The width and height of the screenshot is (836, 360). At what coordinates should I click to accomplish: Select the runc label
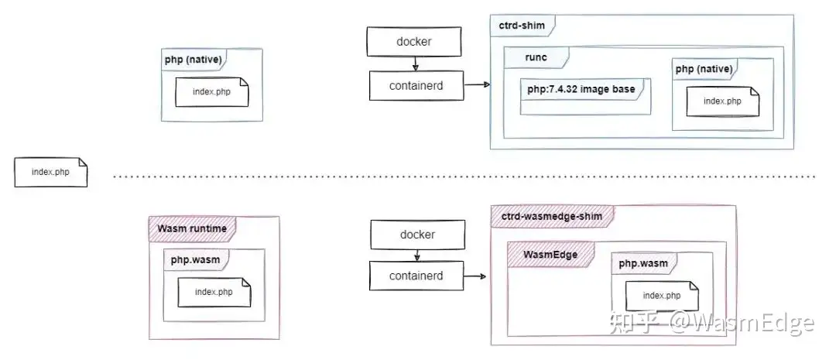tap(536, 57)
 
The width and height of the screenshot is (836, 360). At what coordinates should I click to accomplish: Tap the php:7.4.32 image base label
tap(581, 89)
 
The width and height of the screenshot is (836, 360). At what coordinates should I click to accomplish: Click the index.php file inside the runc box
tap(722, 101)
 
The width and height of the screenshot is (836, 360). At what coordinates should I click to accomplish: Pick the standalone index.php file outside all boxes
tap(50, 172)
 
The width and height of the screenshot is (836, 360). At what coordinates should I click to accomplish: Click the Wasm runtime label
tap(192, 228)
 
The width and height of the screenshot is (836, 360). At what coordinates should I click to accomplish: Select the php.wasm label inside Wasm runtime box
tap(191, 259)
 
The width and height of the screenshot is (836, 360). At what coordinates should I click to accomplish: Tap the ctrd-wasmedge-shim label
tap(552, 216)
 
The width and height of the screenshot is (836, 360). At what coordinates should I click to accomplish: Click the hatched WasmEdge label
tap(550, 255)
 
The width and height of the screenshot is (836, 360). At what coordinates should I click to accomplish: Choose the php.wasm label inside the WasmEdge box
tap(643, 263)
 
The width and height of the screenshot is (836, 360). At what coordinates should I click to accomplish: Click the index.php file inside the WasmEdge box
tap(662, 296)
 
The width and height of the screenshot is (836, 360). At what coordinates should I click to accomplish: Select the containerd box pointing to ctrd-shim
tap(416, 85)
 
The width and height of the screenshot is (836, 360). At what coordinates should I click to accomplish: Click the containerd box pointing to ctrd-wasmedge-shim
tap(416, 276)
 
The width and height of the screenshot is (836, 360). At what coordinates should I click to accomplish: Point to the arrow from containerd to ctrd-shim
tap(477, 84)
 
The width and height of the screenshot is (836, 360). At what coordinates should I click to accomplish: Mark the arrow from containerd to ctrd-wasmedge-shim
tap(475, 276)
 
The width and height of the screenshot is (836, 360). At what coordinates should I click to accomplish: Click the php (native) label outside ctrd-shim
tap(193, 60)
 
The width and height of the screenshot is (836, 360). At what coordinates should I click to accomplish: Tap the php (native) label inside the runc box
tap(704, 69)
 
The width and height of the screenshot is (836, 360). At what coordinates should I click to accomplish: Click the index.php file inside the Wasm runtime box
tap(214, 292)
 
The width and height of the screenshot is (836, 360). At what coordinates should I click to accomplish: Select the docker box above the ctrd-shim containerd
tap(413, 42)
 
